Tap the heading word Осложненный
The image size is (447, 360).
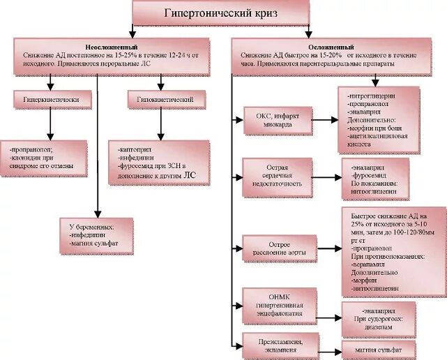[x=328, y=45]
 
